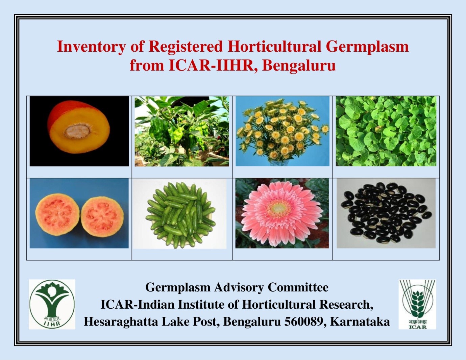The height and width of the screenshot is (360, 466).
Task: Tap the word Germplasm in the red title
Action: pyautogui.click(x=367, y=47)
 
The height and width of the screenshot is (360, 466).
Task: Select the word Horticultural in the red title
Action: pyautogui.click(x=274, y=47)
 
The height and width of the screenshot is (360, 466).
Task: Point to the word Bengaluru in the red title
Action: pyautogui.click(x=299, y=65)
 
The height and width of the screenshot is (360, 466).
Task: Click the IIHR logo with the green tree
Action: pyautogui.click(x=52, y=304)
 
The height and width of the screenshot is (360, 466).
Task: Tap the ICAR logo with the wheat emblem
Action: pyautogui.click(x=417, y=304)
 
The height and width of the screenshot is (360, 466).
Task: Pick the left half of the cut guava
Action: pyautogui.click(x=57, y=215)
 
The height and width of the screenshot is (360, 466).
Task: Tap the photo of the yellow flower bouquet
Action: pyautogui.click(x=282, y=131)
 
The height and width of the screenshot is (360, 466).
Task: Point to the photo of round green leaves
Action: pyautogui.click(x=386, y=131)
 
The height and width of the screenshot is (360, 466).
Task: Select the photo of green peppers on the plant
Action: pyautogui.click(x=181, y=131)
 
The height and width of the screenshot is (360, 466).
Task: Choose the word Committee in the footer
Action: pyautogui.click(x=298, y=287)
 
